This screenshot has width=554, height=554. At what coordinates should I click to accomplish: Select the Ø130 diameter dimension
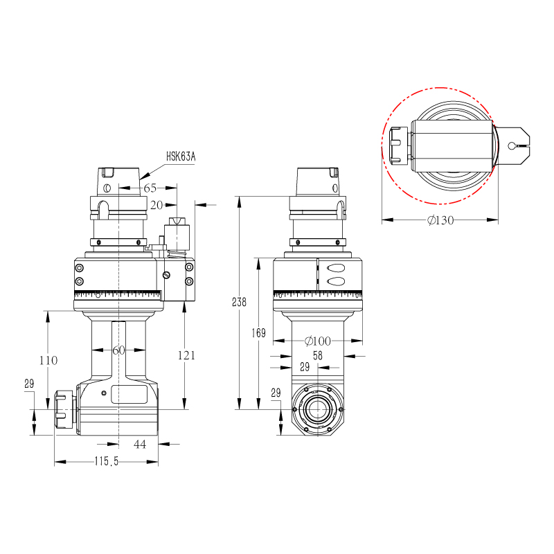click(x=440, y=220)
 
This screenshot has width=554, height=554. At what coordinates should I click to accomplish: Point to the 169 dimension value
click(x=259, y=333)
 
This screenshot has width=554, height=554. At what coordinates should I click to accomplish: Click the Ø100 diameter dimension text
click(x=318, y=341)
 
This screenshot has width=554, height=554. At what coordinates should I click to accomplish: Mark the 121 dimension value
click(x=186, y=355)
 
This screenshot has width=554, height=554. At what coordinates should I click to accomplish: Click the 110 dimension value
click(x=48, y=360)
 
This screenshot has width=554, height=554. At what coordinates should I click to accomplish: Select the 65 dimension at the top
click(x=150, y=188)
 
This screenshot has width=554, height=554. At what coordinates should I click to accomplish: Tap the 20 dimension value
click(x=157, y=205)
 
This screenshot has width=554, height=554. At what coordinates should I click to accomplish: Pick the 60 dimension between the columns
click(x=119, y=350)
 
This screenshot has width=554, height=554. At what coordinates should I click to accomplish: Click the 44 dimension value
click(x=140, y=444)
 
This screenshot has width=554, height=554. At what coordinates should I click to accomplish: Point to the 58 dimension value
click(x=318, y=355)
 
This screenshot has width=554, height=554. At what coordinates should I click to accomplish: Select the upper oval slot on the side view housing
click(x=336, y=268)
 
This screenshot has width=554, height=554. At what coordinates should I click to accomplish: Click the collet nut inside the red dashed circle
click(x=397, y=145)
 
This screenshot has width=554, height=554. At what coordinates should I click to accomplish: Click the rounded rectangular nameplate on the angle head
click(x=129, y=395)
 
